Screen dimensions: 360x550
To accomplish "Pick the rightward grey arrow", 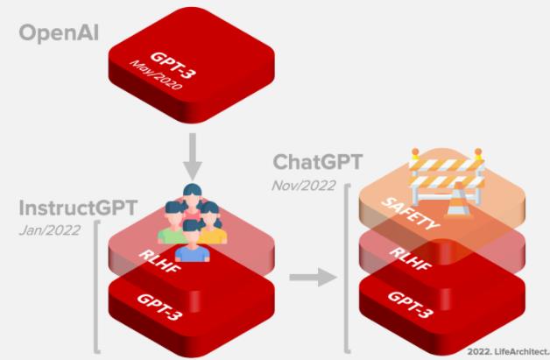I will tap(314, 278).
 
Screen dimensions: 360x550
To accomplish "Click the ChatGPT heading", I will tap(318, 163).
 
